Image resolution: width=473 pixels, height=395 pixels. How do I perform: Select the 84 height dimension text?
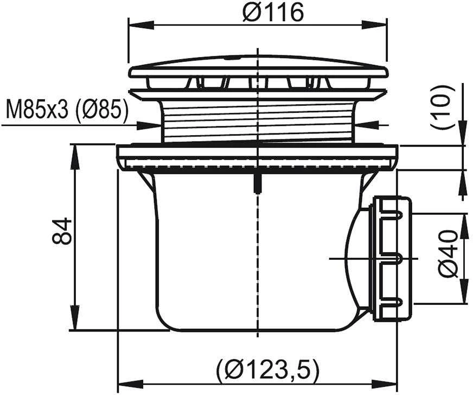(62, 231)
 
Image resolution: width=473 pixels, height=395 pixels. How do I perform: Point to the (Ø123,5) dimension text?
(267, 369)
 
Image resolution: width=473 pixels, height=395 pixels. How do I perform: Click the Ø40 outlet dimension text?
(448, 253)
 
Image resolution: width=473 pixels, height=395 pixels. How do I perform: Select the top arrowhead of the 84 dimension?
(74, 157)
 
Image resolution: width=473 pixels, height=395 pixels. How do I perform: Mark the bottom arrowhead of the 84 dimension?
(74, 318)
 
